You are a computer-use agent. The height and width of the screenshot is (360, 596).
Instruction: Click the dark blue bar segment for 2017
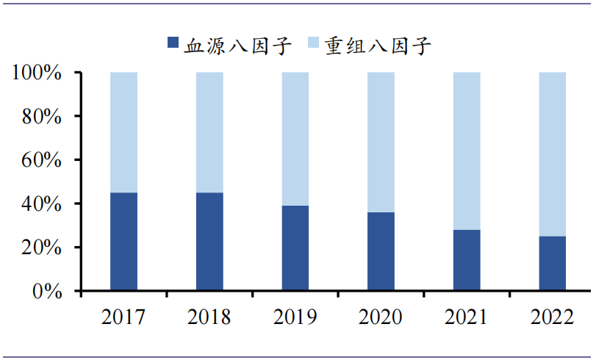coord(123,242)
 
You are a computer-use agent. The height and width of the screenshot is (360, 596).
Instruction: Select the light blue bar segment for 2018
coord(209,132)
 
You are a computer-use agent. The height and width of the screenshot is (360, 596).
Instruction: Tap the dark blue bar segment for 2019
coord(295,248)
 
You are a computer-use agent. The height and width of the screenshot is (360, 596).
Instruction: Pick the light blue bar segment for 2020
coord(381,143)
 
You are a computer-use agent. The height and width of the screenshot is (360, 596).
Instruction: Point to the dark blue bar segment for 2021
coord(467,260)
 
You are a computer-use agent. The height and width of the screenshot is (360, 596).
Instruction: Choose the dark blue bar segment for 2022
coord(553,263)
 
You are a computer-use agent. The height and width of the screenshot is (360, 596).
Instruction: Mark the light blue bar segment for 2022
coord(553,154)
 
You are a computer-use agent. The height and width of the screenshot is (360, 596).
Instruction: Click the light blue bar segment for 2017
coord(123,132)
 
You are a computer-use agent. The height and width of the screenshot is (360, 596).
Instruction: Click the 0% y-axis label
coord(48,291)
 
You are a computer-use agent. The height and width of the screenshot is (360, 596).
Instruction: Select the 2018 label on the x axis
coord(209,317)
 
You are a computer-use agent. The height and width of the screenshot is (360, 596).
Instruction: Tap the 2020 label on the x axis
coord(381,317)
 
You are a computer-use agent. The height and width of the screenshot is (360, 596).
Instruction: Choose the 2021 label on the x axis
coord(467,317)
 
